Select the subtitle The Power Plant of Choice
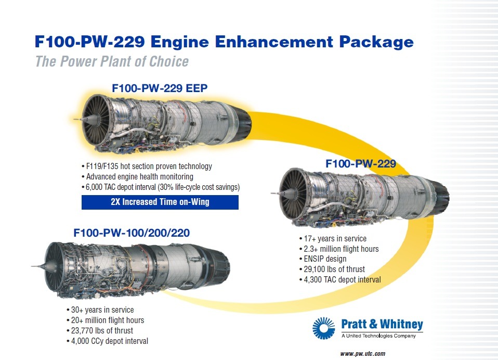[x=112, y=61]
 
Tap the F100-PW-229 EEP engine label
[x=160, y=88]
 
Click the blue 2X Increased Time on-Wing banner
[x=160, y=202]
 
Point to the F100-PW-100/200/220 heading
[x=132, y=233]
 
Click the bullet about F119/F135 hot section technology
[x=147, y=166]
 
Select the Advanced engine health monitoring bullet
[x=137, y=177]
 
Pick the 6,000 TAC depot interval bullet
[x=161, y=187]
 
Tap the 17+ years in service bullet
[x=333, y=239]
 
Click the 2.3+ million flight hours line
[x=339, y=249]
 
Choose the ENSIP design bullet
[x=323, y=259]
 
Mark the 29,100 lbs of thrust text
[x=332, y=269]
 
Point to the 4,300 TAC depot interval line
[x=340, y=279]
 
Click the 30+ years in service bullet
[x=100, y=310]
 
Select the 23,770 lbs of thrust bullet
[x=100, y=330]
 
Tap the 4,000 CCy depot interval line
[x=107, y=341]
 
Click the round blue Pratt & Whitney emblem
[x=323, y=328]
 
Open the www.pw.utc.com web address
[x=363, y=354]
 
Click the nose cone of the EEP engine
[x=85, y=120]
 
